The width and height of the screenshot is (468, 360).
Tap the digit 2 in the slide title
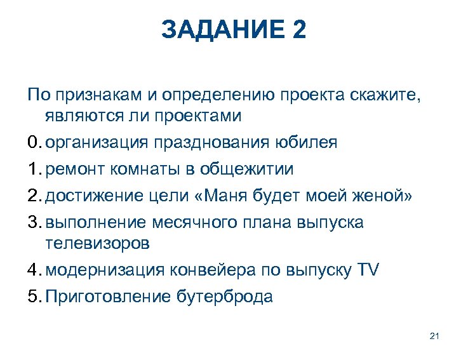(x=297, y=30)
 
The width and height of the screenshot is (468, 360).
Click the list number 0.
(x=34, y=142)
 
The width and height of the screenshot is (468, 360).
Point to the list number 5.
(x=34, y=297)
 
